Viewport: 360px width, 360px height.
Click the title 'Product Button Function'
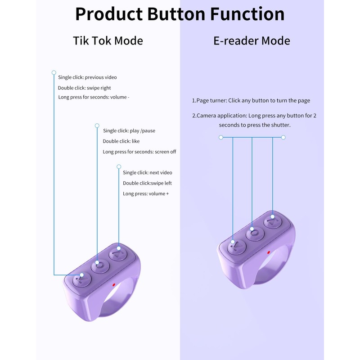[x=180, y=14]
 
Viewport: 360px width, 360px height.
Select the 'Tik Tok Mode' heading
[x=108, y=40]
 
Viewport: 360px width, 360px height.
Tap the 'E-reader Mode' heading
[x=252, y=40]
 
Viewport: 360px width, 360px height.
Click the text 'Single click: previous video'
[x=87, y=77]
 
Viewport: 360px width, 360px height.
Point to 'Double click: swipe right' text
[x=85, y=88]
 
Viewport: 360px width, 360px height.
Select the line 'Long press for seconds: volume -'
[x=94, y=97]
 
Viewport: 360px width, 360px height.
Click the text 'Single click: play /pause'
[x=129, y=131]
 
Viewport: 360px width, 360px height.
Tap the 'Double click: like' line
[x=115, y=141]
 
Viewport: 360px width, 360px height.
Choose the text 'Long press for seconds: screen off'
[x=139, y=152]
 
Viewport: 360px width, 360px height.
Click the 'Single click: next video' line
[x=148, y=173]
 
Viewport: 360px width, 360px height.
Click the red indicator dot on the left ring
[x=114, y=285]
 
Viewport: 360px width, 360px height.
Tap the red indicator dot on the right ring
[x=269, y=253]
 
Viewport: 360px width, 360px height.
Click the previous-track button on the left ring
[x=82, y=280]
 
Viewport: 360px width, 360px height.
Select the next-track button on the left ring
[x=117, y=253]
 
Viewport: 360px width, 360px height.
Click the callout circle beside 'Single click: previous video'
[x=54, y=72]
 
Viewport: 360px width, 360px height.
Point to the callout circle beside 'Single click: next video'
[x=119, y=166]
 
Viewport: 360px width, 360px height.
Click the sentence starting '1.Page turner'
[x=251, y=101]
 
